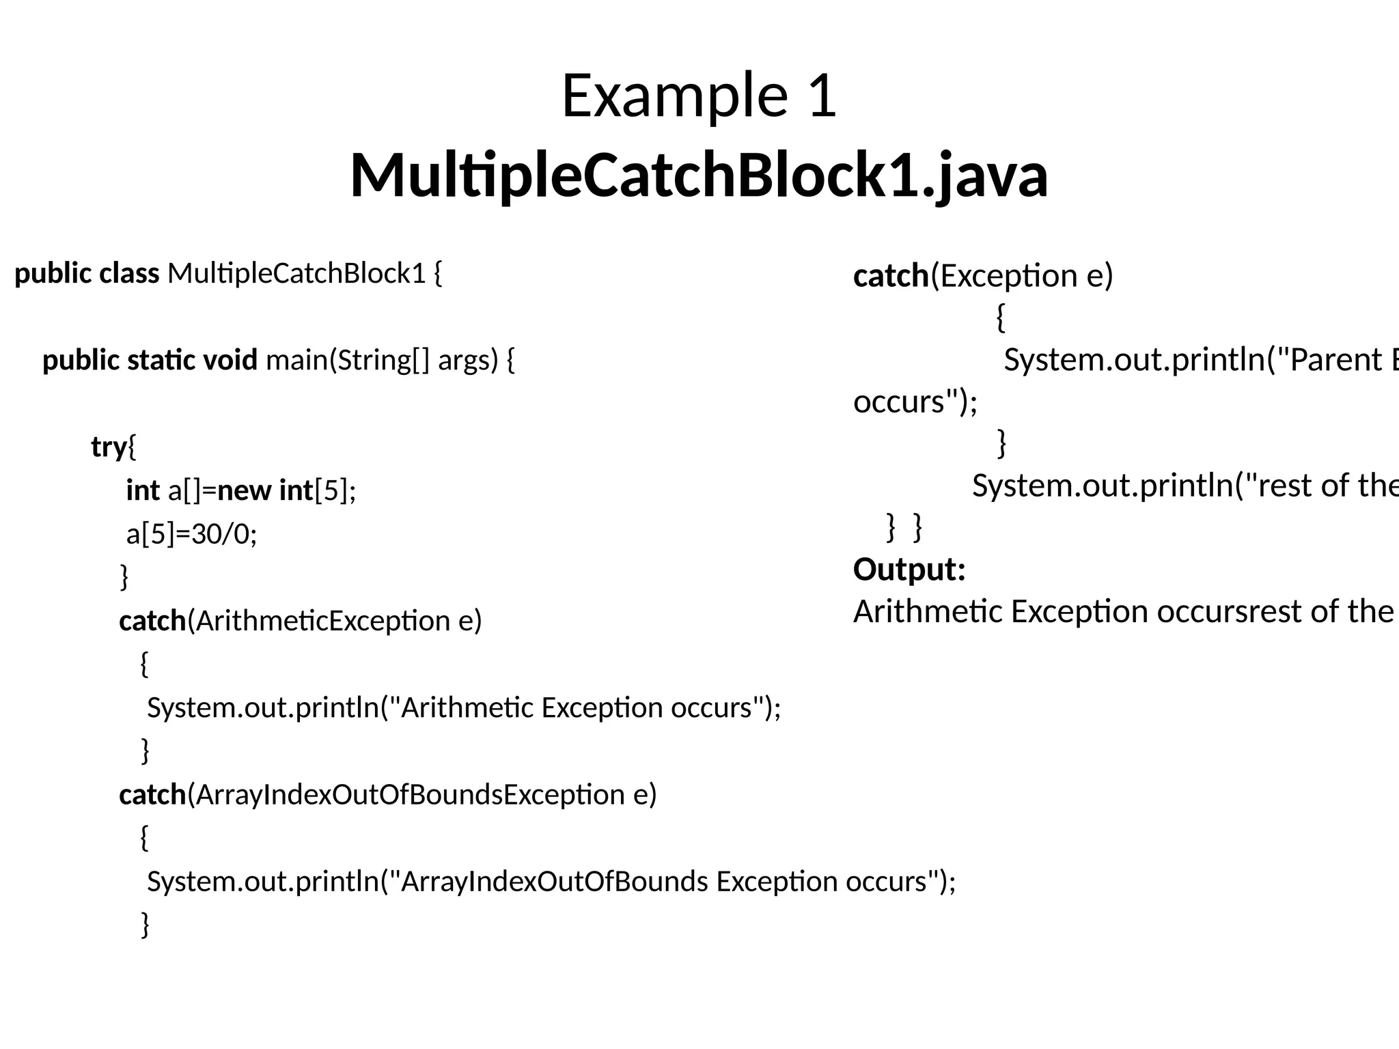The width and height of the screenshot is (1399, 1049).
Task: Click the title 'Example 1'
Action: coord(699,96)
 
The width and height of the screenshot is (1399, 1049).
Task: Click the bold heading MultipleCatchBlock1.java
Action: coord(699,176)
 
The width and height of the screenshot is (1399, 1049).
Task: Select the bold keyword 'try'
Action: coord(109,447)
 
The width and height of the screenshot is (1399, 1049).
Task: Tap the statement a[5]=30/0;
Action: coord(191,534)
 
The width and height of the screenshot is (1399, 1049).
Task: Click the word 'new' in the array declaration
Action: coord(244,491)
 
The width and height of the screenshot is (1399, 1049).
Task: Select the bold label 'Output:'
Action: coord(909,570)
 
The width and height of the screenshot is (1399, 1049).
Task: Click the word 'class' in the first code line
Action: coord(129,274)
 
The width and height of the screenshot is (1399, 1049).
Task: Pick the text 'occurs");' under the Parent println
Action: coord(915,402)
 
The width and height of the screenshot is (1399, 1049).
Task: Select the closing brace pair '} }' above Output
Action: coord(904,528)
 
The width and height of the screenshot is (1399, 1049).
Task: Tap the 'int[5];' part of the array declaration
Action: coord(318,491)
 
